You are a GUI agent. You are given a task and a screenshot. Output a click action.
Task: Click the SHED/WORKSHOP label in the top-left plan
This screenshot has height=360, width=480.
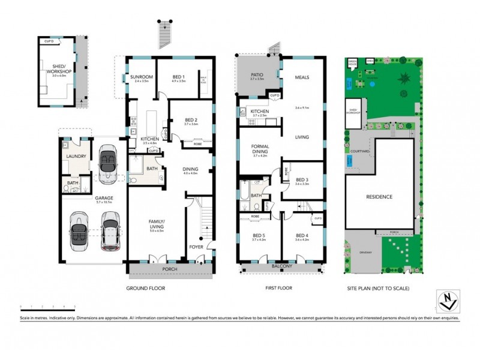coord(59,69)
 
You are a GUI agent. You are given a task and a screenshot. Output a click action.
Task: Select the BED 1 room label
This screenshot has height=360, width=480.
coord(178,77)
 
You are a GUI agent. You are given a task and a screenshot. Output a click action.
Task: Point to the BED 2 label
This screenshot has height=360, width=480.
coord(191,121)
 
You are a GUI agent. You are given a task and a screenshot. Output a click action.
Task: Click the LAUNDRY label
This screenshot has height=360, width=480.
coord(77,157)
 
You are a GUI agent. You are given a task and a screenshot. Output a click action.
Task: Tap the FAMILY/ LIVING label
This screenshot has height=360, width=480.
coord(156,224)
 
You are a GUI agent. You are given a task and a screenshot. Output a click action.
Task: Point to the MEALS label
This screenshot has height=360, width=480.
coord(302,77)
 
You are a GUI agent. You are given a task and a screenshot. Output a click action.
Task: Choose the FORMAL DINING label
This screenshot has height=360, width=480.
coord(259,149)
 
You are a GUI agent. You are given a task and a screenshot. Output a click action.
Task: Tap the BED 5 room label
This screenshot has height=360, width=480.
coord(259,235)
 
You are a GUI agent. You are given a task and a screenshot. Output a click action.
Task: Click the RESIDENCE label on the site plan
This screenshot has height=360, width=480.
coord(379,197)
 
